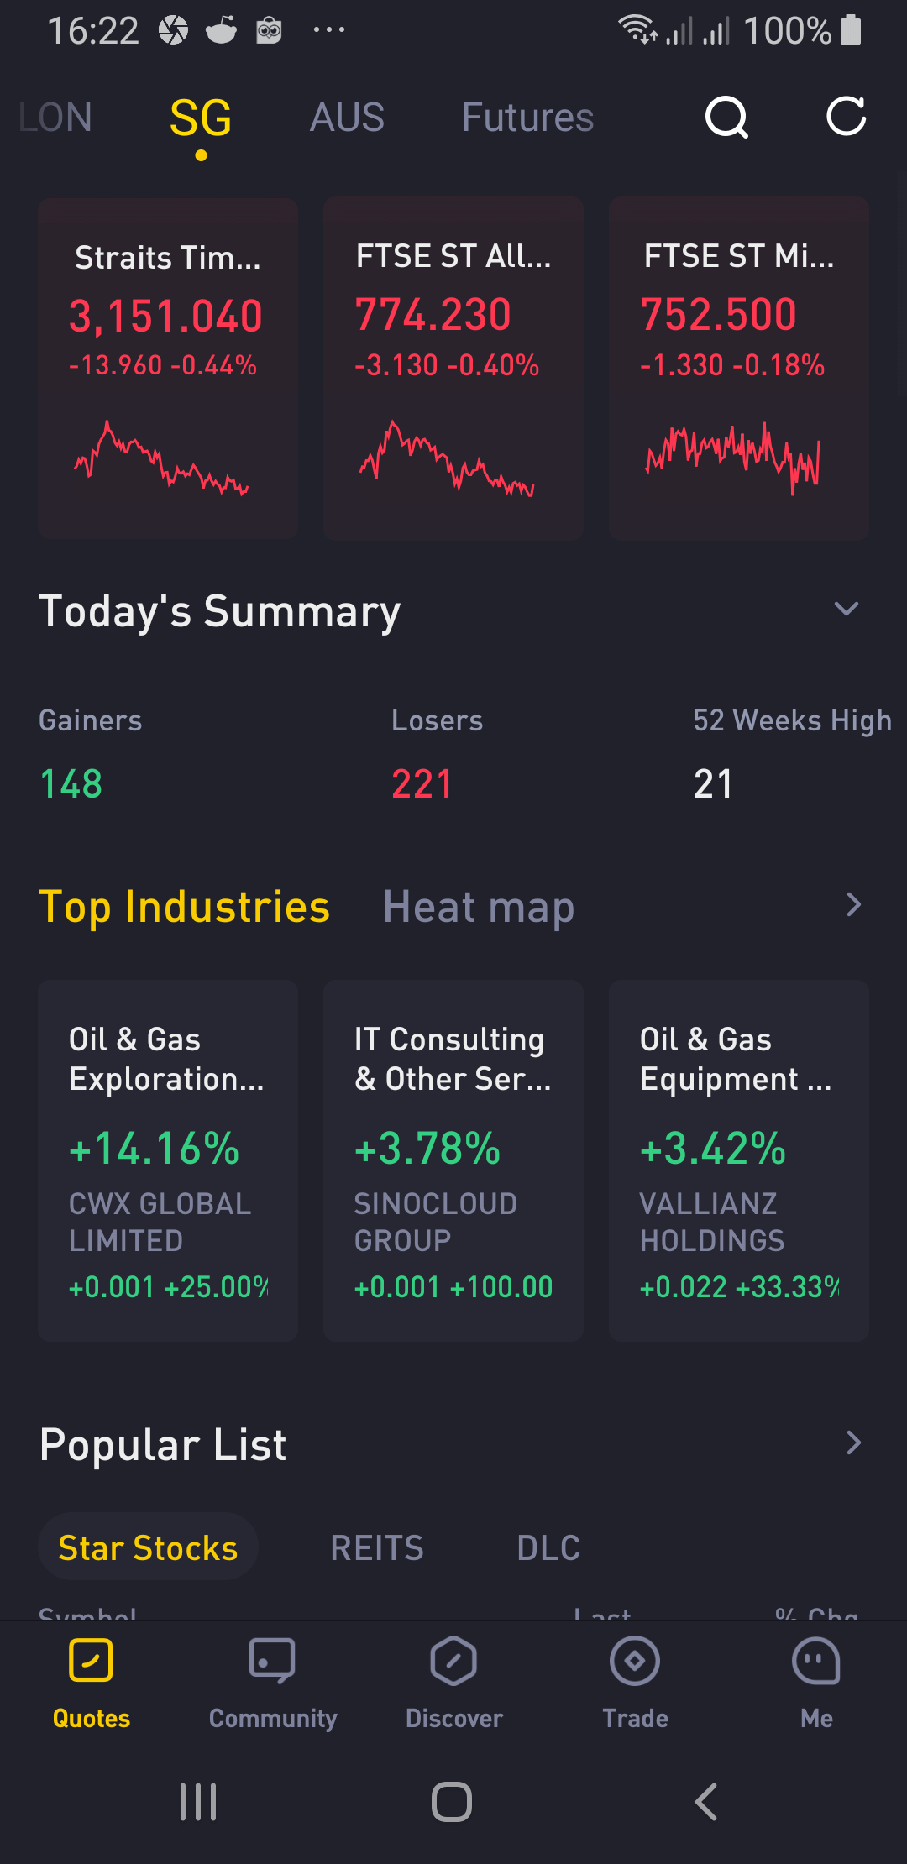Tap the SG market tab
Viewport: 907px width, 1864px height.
pyautogui.click(x=201, y=118)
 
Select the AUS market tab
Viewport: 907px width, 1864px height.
pyautogui.click(x=347, y=118)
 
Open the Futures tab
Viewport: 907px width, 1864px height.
pyautogui.click(x=527, y=118)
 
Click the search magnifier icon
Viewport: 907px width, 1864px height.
pyautogui.click(x=726, y=117)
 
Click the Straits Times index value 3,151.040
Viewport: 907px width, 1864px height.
pyautogui.click(x=165, y=317)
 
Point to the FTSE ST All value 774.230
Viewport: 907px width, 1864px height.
pyautogui.click(x=433, y=315)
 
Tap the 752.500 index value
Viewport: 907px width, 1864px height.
pyautogui.click(x=718, y=315)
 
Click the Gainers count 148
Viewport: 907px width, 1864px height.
pyautogui.click(x=71, y=784)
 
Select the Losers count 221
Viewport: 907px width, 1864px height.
pyautogui.click(x=422, y=784)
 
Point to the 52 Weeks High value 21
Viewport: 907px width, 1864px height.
pyautogui.click(x=713, y=784)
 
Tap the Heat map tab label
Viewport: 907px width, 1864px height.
pyautogui.click(x=479, y=908)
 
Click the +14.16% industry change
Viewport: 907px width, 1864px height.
pyautogui.click(x=155, y=1148)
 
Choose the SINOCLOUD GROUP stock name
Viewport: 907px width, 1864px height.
pyautogui.click(x=435, y=1222)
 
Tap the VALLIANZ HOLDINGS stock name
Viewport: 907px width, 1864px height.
pyautogui.click(x=712, y=1222)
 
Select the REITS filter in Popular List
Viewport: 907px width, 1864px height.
pyautogui.click(x=377, y=1547)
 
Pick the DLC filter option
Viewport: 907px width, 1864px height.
pyautogui.click(x=548, y=1547)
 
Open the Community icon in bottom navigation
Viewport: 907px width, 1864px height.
pyautogui.click(x=272, y=1661)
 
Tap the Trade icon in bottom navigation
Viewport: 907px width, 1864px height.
pyautogui.click(x=635, y=1661)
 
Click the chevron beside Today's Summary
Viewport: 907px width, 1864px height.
pyautogui.click(x=847, y=609)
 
